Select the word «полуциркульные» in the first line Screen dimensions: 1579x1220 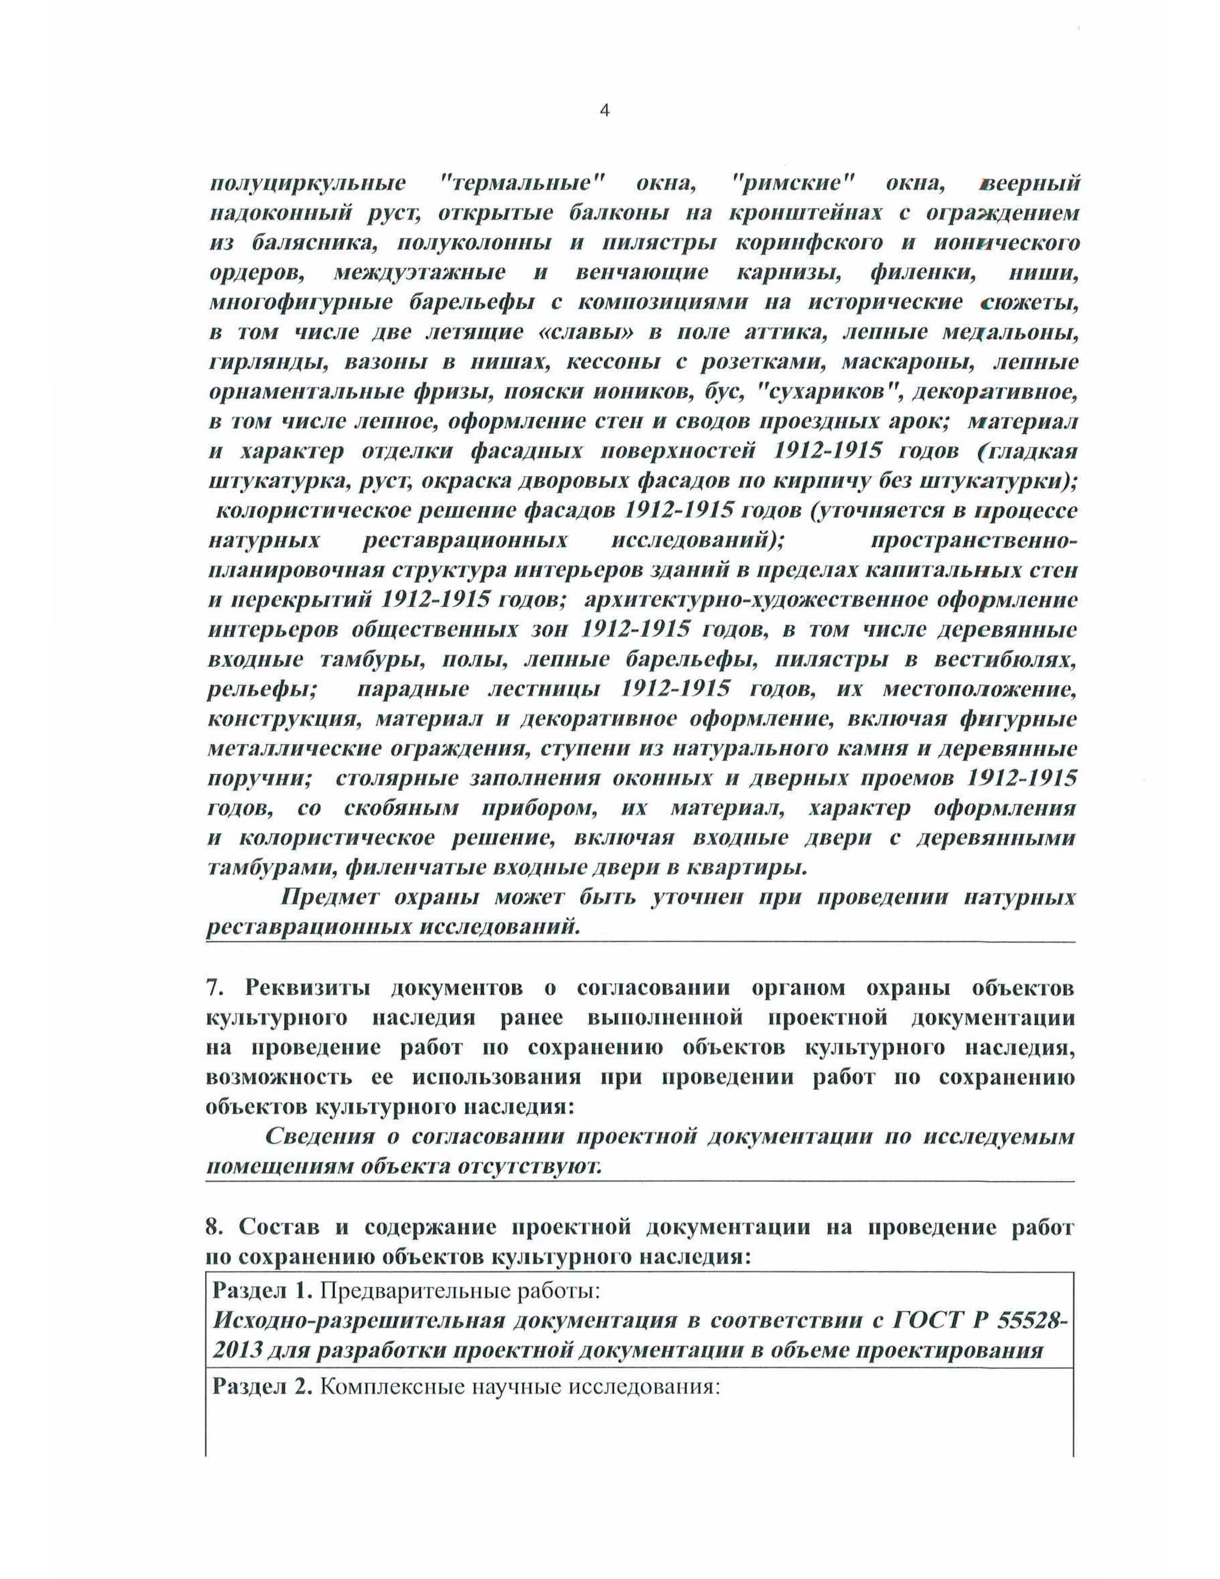pyautogui.click(x=307, y=184)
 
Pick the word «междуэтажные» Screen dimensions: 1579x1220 pyautogui.click(x=419, y=273)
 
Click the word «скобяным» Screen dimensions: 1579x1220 pyautogui.click(x=401, y=808)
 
